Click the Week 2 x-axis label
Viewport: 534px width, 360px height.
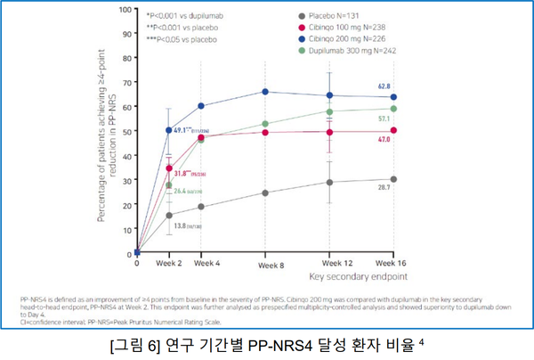pyautogui.click(x=169, y=264)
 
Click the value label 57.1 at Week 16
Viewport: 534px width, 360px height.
pyautogui.click(x=384, y=119)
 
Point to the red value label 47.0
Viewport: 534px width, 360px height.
pyautogui.click(x=384, y=140)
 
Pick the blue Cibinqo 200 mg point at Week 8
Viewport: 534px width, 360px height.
pyautogui.click(x=265, y=92)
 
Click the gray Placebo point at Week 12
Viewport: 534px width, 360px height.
pyautogui.click(x=330, y=182)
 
